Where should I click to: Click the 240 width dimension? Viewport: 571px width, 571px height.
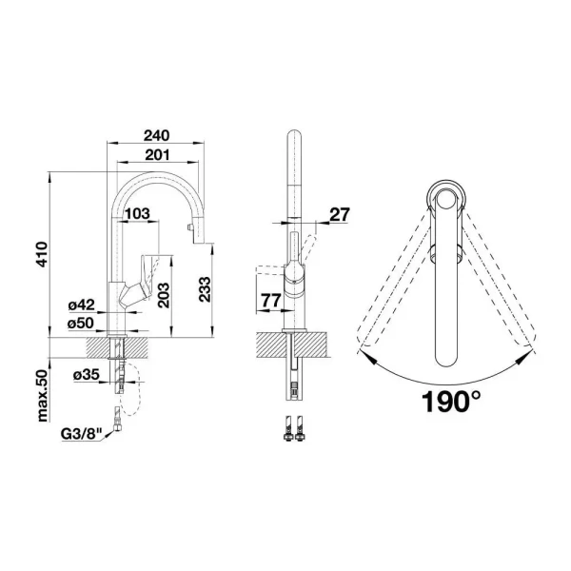pyautogui.click(x=159, y=136)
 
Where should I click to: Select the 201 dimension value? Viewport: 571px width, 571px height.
pyautogui.click(x=159, y=156)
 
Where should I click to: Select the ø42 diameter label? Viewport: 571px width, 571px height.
pyautogui.click(x=82, y=305)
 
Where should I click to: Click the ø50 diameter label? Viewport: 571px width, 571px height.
pyautogui.click(x=82, y=324)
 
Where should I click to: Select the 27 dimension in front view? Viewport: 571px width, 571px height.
pyautogui.click(x=340, y=215)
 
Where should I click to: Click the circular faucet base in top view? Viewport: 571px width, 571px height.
pyautogui.click(x=445, y=198)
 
